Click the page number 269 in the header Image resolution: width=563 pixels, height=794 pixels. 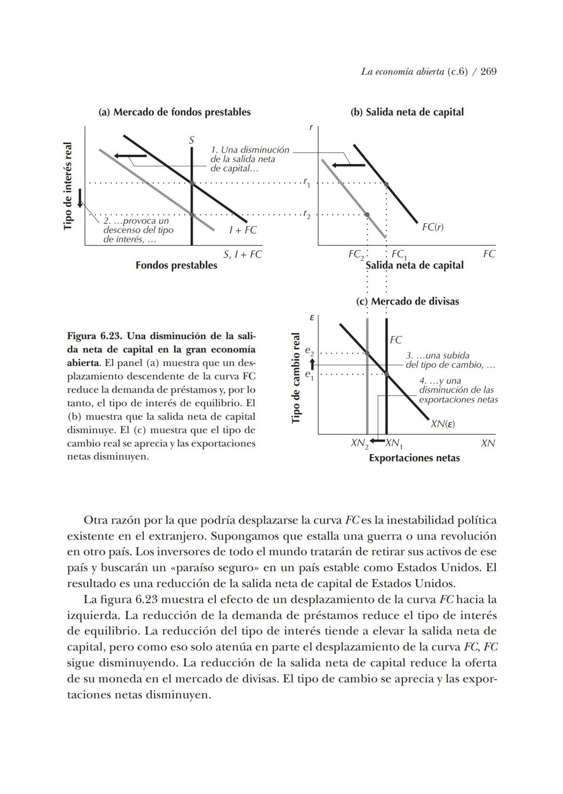(488, 72)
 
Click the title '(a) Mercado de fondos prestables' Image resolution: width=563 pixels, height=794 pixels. (175, 112)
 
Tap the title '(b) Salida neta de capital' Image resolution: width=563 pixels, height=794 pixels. (407, 112)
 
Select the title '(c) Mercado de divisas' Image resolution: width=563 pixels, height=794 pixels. (408, 301)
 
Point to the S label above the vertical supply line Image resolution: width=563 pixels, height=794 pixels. (191, 140)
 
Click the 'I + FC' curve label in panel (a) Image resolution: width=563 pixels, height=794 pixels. (243, 230)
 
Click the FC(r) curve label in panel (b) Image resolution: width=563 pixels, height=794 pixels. (433, 227)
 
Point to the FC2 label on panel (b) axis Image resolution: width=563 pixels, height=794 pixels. (356, 254)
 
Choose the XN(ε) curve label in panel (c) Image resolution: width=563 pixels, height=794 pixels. (443, 424)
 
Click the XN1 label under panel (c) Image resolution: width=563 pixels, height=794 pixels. (394, 444)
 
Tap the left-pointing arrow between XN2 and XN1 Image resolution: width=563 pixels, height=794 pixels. (376, 442)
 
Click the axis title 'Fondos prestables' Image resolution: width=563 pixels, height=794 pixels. (176, 265)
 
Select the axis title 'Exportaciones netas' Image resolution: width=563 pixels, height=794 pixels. (414, 458)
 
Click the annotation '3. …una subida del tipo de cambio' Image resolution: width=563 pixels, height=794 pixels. (450, 360)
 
